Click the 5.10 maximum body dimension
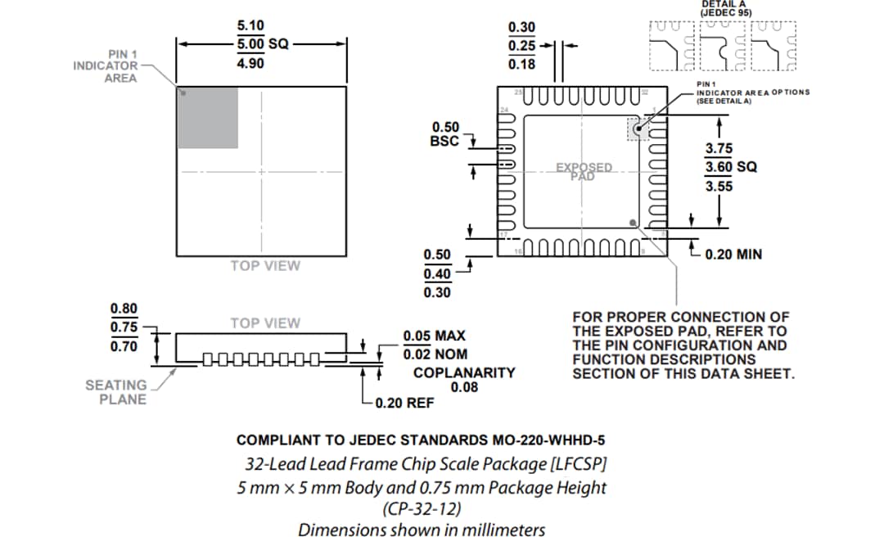point(250,25)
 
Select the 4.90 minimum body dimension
point(250,63)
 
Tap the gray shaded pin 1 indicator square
point(208,118)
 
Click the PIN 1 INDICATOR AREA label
point(106,66)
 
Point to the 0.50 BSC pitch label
point(445,134)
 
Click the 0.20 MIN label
point(733,255)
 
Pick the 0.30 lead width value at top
point(521,27)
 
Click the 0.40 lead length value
point(436,273)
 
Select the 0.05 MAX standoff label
point(434,336)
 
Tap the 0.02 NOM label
point(434,354)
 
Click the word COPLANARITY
point(464,372)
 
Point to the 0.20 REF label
point(404,403)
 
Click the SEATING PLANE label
point(116,392)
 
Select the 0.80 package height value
point(124,309)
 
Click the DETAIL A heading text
point(724,5)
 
